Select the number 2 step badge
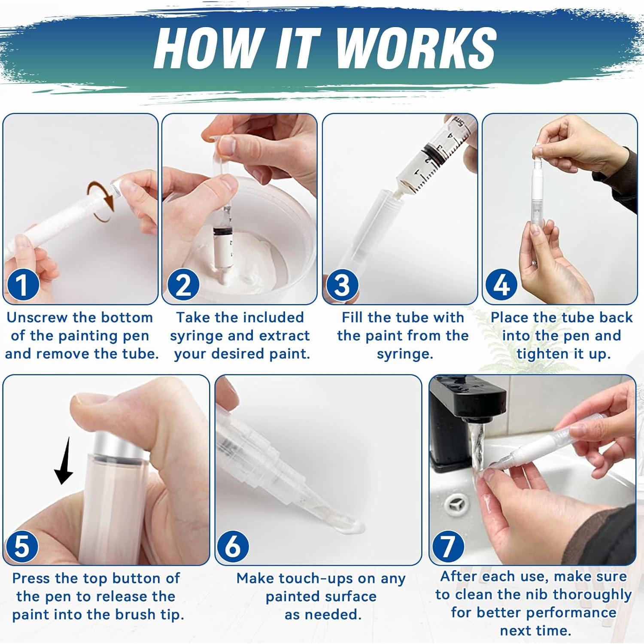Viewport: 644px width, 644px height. click(x=183, y=285)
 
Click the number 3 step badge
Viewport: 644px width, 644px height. click(x=342, y=285)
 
